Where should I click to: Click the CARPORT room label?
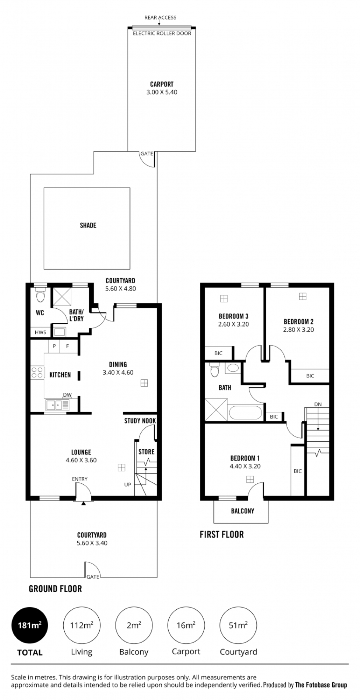(162, 84)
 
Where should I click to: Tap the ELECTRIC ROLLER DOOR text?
(162, 34)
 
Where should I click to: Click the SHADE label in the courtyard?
(88, 225)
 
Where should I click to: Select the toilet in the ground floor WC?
(41, 295)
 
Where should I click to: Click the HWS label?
(41, 332)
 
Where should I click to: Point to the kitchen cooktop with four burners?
(37, 372)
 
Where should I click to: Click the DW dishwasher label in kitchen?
(67, 395)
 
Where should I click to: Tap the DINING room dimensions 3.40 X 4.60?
(118, 372)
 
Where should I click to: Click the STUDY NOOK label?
(140, 421)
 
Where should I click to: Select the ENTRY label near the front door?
(80, 479)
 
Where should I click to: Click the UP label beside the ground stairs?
(127, 485)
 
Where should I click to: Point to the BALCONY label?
(242, 511)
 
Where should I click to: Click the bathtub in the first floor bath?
(246, 413)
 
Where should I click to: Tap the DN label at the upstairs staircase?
(318, 404)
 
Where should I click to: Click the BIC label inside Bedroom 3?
(218, 353)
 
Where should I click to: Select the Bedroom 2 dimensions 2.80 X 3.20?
(298, 330)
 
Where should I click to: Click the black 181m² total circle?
(29, 625)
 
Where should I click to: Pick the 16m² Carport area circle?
(186, 625)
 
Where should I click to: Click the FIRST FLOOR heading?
(222, 534)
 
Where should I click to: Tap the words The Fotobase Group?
(321, 685)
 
